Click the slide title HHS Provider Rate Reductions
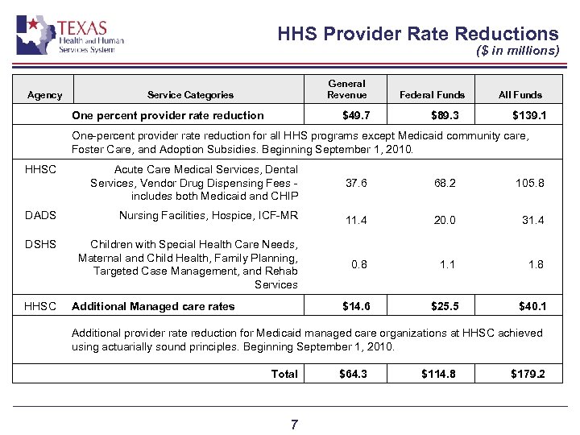(417, 34)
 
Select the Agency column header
(44, 95)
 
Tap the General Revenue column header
(346, 89)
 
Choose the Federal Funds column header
(433, 95)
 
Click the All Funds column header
(520, 95)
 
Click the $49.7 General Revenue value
(356, 115)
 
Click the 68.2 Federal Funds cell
(445, 184)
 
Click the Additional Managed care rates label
(153, 306)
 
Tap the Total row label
(284, 374)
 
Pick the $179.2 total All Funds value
(528, 374)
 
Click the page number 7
(294, 424)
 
